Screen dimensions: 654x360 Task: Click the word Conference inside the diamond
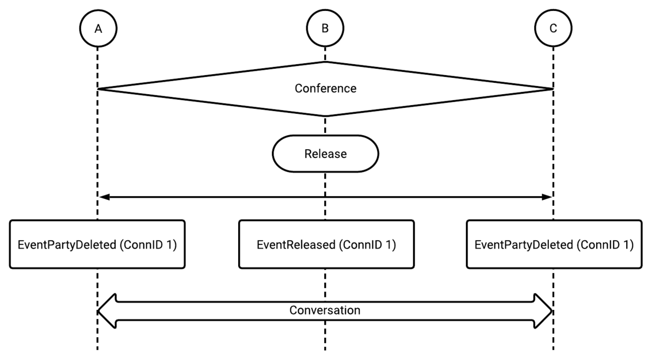[x=325, y=88]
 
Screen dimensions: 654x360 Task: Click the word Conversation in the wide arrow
[x=325, y=310]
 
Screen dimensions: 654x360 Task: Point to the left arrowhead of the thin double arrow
[x=104, y=197]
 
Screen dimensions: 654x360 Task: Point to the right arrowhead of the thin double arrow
[x=547, y=197]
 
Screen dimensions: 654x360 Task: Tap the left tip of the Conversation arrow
[x=98, y=312]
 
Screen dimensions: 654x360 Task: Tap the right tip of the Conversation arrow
[x=553, y=312]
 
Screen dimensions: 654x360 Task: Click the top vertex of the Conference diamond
[x=325, y=62]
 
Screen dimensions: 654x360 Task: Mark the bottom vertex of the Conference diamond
[x=325, y=116]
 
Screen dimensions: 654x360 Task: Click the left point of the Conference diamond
[x=98, y=89]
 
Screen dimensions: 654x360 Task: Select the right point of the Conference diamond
[x=553, y=89]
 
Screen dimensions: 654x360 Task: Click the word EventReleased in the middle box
[x=296, y=245]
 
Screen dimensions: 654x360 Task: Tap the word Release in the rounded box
[x=325, y=154]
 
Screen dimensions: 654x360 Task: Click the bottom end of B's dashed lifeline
[x=325, y=350]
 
